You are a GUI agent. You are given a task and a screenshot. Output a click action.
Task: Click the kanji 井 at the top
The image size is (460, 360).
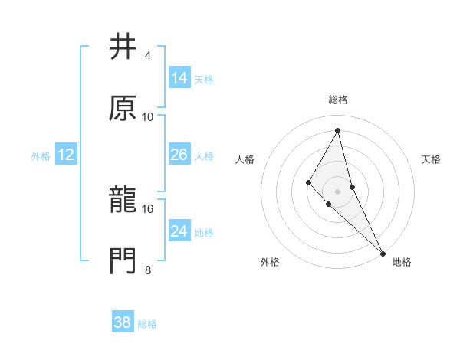click(x=123, y=47)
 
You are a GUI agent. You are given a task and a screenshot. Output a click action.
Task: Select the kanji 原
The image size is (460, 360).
click(x=123, y=107)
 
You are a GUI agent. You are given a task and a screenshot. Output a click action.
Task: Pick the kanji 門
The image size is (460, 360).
click(x=123, y=260)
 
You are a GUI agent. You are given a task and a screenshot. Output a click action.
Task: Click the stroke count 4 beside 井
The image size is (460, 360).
click(x=147, y=56)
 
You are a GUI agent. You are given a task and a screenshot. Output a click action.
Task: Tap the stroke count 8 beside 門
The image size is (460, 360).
click(x=147, y=269)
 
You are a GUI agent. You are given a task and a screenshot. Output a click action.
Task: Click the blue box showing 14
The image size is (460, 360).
click(x=179, y=78)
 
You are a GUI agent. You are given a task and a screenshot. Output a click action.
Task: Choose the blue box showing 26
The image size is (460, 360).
click(x=179, y=155)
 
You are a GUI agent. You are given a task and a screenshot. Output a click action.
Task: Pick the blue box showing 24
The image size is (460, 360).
click(x=179, y=231)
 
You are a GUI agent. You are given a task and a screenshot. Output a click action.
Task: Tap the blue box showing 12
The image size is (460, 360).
click(x=66, y=155)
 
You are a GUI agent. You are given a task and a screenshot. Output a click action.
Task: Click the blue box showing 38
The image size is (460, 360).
click(x=123, y=322)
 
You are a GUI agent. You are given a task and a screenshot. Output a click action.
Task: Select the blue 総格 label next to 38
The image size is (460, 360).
click(x=147, y=324)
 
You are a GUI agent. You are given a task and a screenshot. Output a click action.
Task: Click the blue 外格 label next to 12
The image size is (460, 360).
click(x=41, y=156)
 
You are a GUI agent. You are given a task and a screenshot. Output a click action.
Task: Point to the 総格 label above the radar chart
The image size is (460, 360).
click(x=338, y=100)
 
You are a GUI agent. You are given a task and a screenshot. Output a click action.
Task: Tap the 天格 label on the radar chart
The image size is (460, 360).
click(x=431, y=159)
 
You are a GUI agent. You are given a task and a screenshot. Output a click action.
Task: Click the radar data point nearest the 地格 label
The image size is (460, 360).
click(x=382, y=253)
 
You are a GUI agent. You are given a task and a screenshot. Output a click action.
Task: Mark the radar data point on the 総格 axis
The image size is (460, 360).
click(x=338, y=130)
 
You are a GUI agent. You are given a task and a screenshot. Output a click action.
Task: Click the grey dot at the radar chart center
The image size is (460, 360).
click(x=338, y=191)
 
